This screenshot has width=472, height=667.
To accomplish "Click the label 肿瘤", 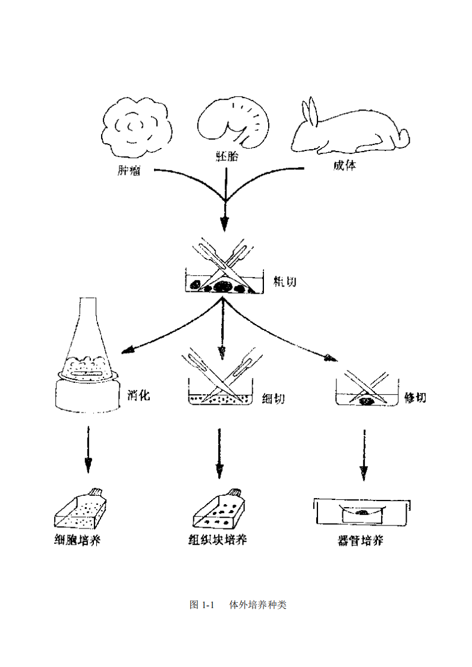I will point(129,172).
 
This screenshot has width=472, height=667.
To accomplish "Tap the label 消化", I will point(139,395).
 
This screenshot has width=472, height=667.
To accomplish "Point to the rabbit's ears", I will point(311,111).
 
